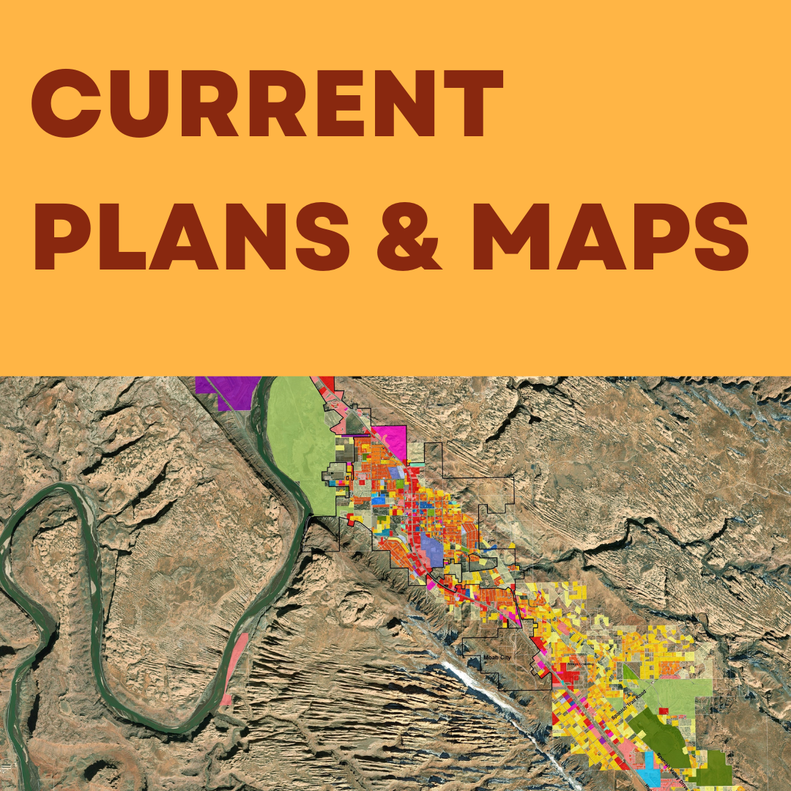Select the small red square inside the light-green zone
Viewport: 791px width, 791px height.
(x=662, y=710)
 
